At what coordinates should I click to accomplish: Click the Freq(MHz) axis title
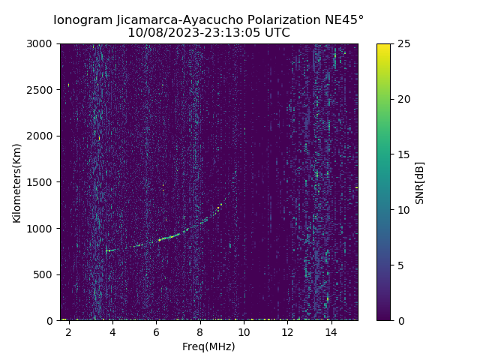208,346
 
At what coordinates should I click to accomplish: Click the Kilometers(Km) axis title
17,182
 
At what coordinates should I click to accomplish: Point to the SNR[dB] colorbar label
419,182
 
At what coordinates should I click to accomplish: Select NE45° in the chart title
346,19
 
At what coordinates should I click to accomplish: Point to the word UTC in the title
276,33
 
